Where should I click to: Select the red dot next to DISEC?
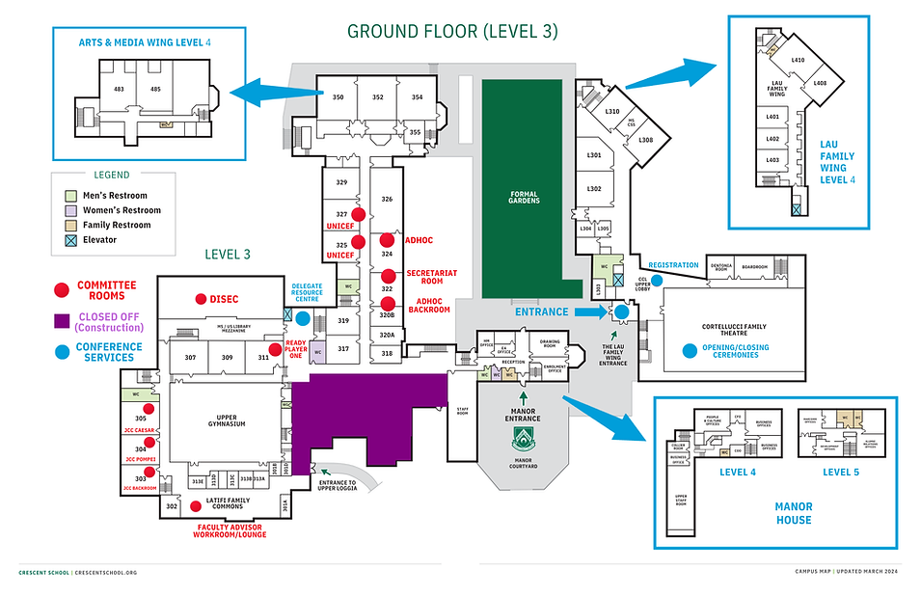(x=202, y=299)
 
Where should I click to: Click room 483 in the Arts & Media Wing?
(x=119, y=89)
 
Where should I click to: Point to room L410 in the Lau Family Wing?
(x=798, y=60)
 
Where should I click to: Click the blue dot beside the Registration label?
(x=657, y=281)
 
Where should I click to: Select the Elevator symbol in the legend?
(x=69, y=239)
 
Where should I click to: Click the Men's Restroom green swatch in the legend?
(x=69, y=196)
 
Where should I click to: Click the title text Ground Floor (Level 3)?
(x=452, y=31)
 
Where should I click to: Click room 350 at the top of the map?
(x=338, y=97)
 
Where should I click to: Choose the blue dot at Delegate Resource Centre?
(x=303, y=318)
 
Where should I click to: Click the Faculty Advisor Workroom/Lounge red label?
(x=231, y=530)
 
